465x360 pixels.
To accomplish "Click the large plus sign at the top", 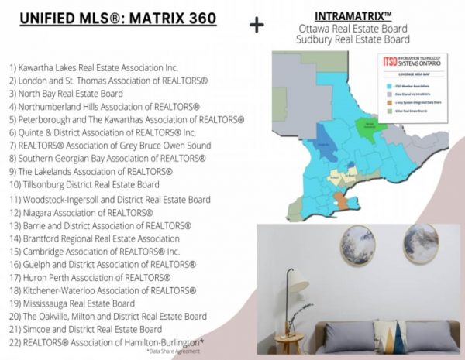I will (x=257, y=25).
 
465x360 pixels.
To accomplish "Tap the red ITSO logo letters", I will (x=392, y=61).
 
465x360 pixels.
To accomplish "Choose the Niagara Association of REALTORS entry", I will (x=81, y=212).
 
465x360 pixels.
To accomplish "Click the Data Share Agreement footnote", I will (x=174, y=351).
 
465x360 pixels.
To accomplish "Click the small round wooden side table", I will (x=288, y=341).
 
